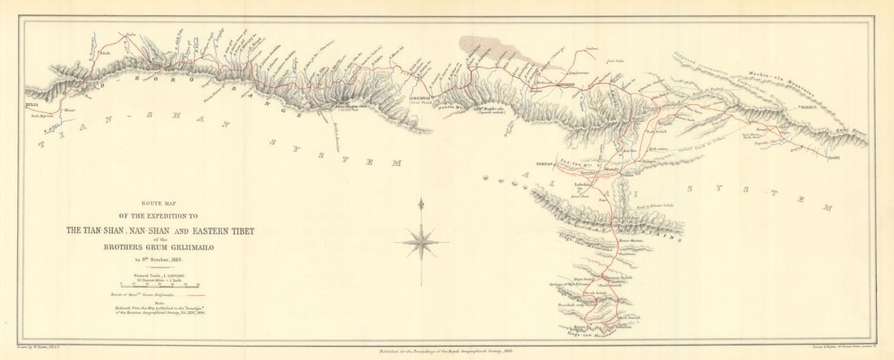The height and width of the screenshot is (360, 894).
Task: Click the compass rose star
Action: (422, 241)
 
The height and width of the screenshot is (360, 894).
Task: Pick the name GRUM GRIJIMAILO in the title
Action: (171, 250)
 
